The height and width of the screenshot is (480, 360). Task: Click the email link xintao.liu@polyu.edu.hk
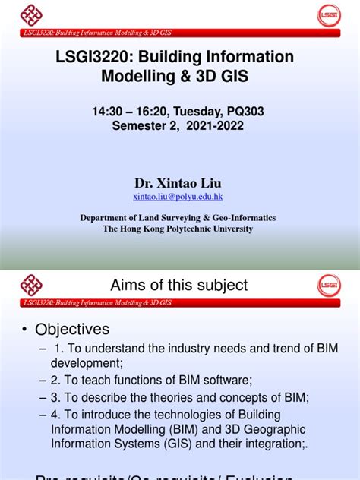click(x=178, y=196)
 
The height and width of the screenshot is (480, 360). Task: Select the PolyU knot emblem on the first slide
click(x=31, y=14)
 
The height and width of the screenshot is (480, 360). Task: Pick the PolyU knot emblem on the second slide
click(x=31, y=285)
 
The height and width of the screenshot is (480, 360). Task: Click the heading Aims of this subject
click(x=179, y=285)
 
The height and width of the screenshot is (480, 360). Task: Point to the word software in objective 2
click(x=223, y=381)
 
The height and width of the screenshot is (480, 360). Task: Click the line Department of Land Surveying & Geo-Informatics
click(x=178, y=217)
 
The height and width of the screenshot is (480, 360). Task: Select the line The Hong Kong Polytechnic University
click(x=178, y=229)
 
